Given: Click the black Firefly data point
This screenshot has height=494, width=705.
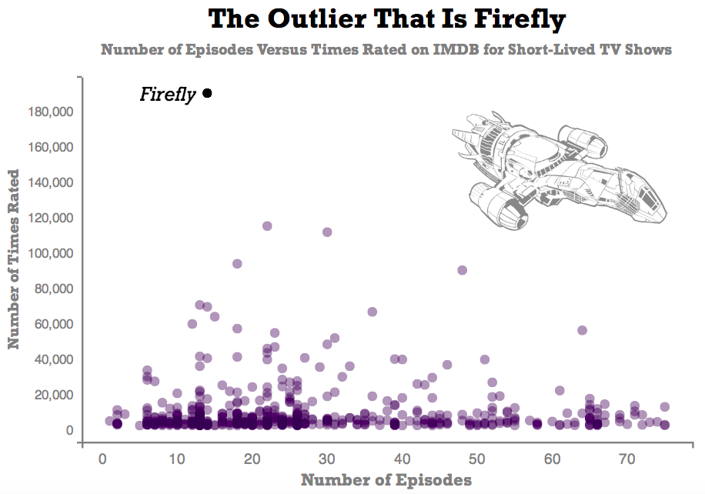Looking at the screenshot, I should tap(207, 94).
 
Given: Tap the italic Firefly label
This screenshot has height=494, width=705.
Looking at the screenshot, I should tap(168, 95).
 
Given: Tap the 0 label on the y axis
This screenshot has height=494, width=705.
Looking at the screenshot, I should tap(68, 431).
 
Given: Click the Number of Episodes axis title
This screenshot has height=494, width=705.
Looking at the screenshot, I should tap(386, 480).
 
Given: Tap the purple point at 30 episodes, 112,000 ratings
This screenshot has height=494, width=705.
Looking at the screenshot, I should tap(327, 232).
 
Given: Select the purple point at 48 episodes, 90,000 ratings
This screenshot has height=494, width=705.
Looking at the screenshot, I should tap(463, 270).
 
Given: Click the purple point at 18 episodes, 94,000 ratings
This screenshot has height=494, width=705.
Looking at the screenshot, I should tap(237, 264).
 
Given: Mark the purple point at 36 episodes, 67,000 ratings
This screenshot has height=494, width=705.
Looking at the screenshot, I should tap(373, 312).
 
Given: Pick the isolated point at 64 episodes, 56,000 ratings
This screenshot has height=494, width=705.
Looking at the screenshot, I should tap(583, 330).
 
